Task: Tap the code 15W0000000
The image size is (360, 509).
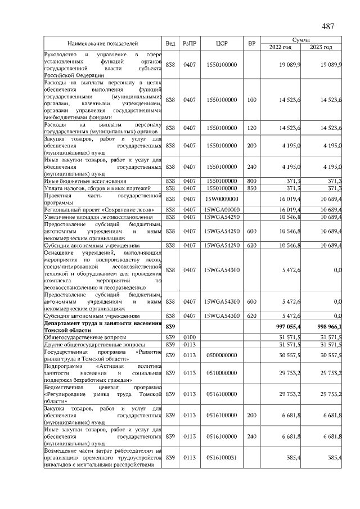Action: [221, 199]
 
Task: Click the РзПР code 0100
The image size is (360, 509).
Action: [188, 337]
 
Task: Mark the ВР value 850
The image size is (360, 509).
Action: [251, 188]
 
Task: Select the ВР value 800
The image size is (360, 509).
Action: [251, 181]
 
